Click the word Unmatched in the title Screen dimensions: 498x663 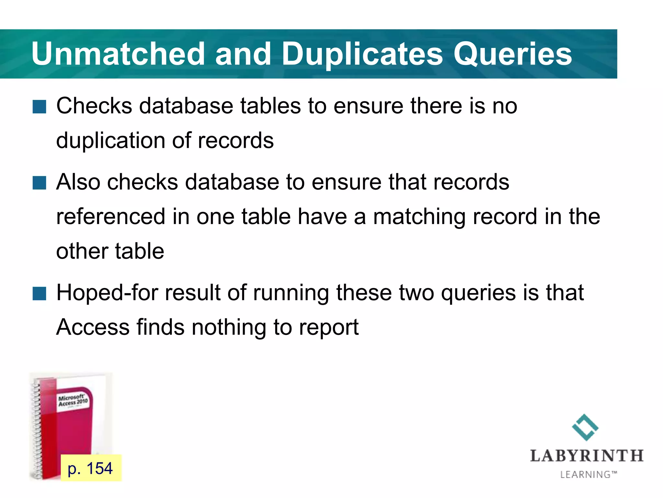point(118,54)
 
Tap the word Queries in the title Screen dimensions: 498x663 point(513,54)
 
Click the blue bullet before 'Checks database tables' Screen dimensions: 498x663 point(39,107)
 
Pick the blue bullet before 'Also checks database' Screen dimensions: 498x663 point(39,183)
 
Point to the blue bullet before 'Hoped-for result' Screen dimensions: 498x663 point(39,293)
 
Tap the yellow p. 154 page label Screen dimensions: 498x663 point(91,468)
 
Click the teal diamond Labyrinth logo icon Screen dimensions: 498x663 point(585,427)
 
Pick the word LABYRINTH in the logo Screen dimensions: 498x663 point(587,456)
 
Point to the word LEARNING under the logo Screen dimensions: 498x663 point(586,475)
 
